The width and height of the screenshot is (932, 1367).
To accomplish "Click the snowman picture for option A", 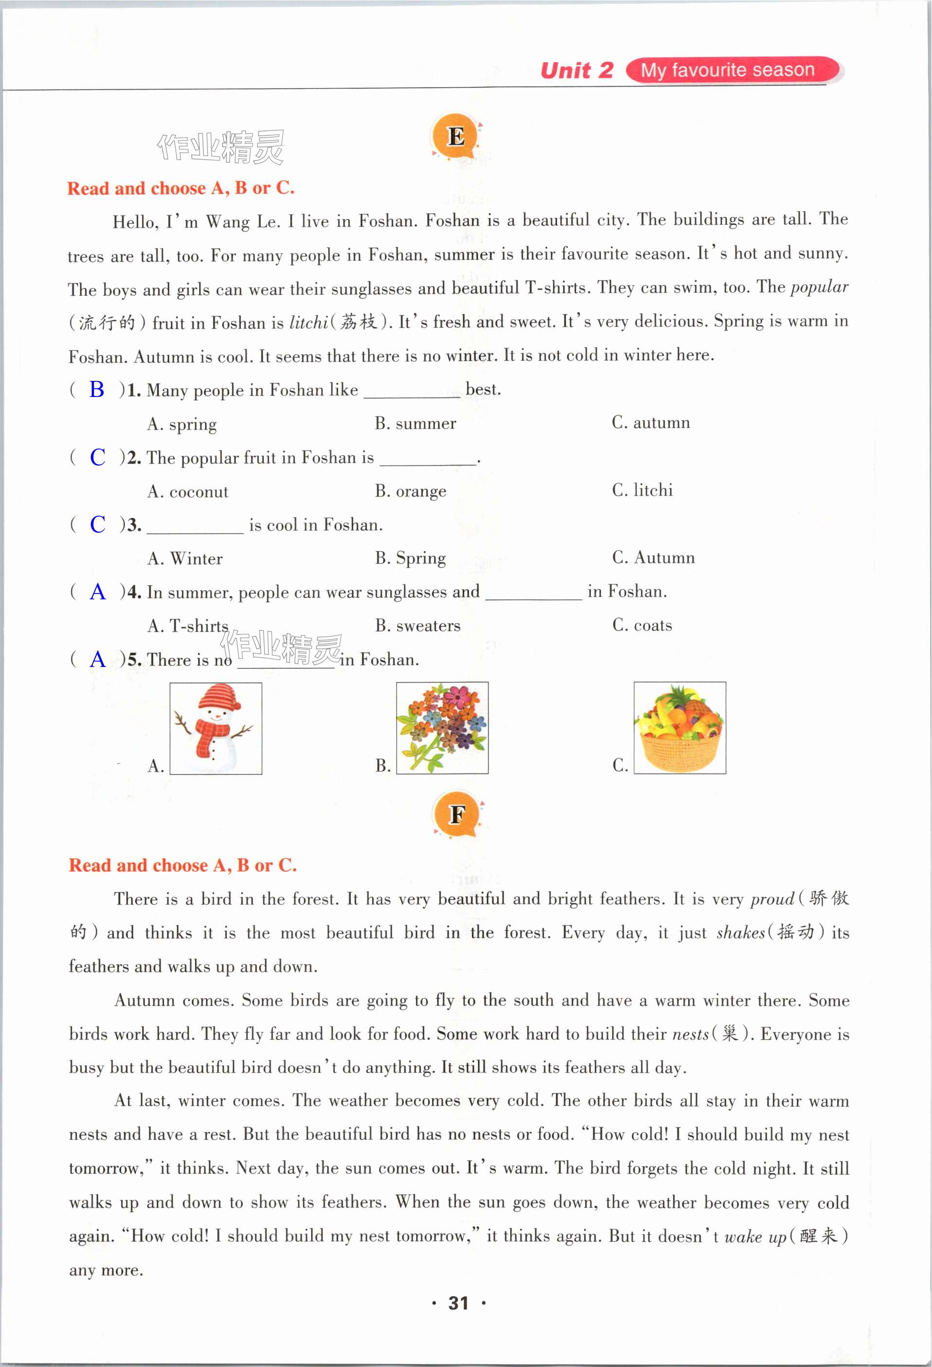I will pyautogui.click(x=215, y=728).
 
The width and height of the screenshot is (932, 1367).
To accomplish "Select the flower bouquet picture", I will pyautogui.click(x=442, y=728).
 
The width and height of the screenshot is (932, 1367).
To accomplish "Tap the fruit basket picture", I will pyautogui.click(x=679, y=728).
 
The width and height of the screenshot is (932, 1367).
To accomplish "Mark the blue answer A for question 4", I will pyautogui.click(x=98, y=592).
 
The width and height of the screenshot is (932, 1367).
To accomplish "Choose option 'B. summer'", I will pyautogui.click(x=416, y=424).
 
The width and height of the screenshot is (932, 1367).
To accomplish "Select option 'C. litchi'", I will pyautogui.click(x=642, y=490).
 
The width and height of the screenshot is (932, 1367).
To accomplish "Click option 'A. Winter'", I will pyautogui.click(x=185, y=558).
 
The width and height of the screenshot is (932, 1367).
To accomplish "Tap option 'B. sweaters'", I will pyautogui.click(x=418, y=626).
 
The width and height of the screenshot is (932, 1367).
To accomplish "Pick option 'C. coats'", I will pyautogui.click(x=642, y=625).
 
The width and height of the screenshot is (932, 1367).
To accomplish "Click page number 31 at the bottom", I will pyautogui.click(x=458, y=1303).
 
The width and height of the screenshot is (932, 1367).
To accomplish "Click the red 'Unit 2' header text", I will pyautogui.click(x=577, y=71).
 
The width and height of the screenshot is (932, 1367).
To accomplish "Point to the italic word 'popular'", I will pyautogui.click(x=819, y=288).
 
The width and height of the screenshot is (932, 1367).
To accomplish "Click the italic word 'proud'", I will pyautogui.click(x=772, y=899).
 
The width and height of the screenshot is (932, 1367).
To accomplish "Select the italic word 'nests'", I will pyautogui.click(x=690, y=1034).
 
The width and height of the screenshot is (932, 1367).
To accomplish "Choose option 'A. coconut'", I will pyautogui.click(x=188, y=492).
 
